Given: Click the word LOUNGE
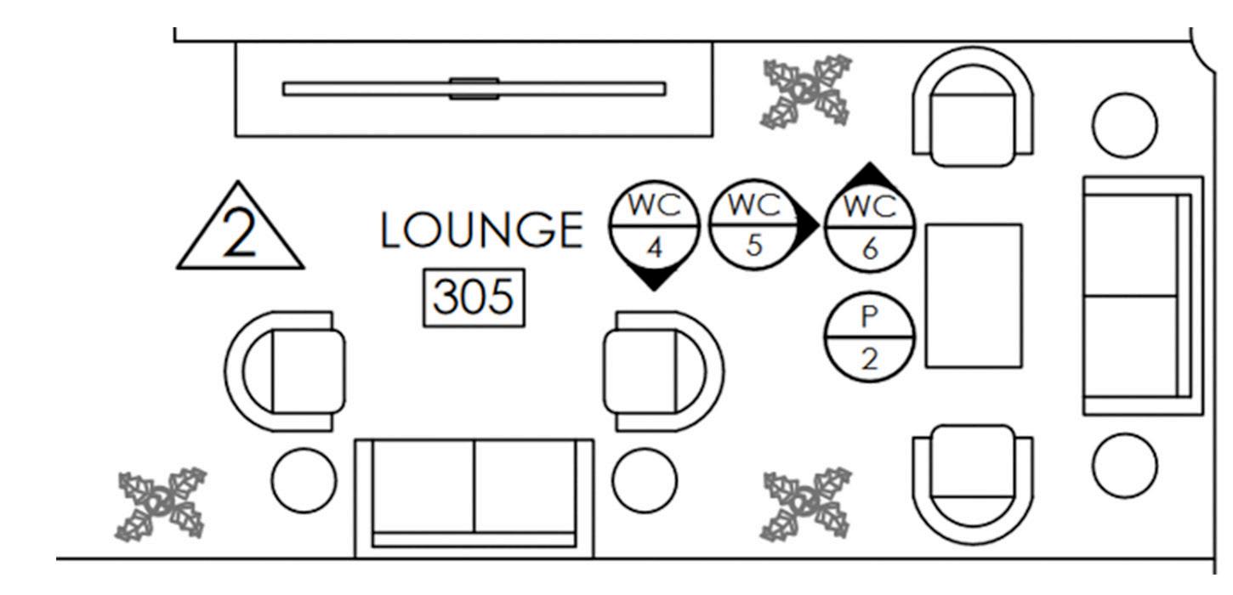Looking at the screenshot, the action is (481, 231).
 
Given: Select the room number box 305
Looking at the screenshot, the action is (474, 298).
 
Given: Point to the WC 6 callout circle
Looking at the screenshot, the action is (869, 228).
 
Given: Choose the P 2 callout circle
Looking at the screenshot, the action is (869, 338).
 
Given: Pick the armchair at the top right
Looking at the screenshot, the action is (972, 108).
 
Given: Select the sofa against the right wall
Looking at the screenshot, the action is (1141, 295).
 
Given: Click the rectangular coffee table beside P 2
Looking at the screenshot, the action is (973, 296).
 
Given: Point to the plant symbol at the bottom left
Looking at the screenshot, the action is (161, 504).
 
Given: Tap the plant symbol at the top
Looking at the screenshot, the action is (806, 91).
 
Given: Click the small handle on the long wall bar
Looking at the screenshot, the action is (474, 88).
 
